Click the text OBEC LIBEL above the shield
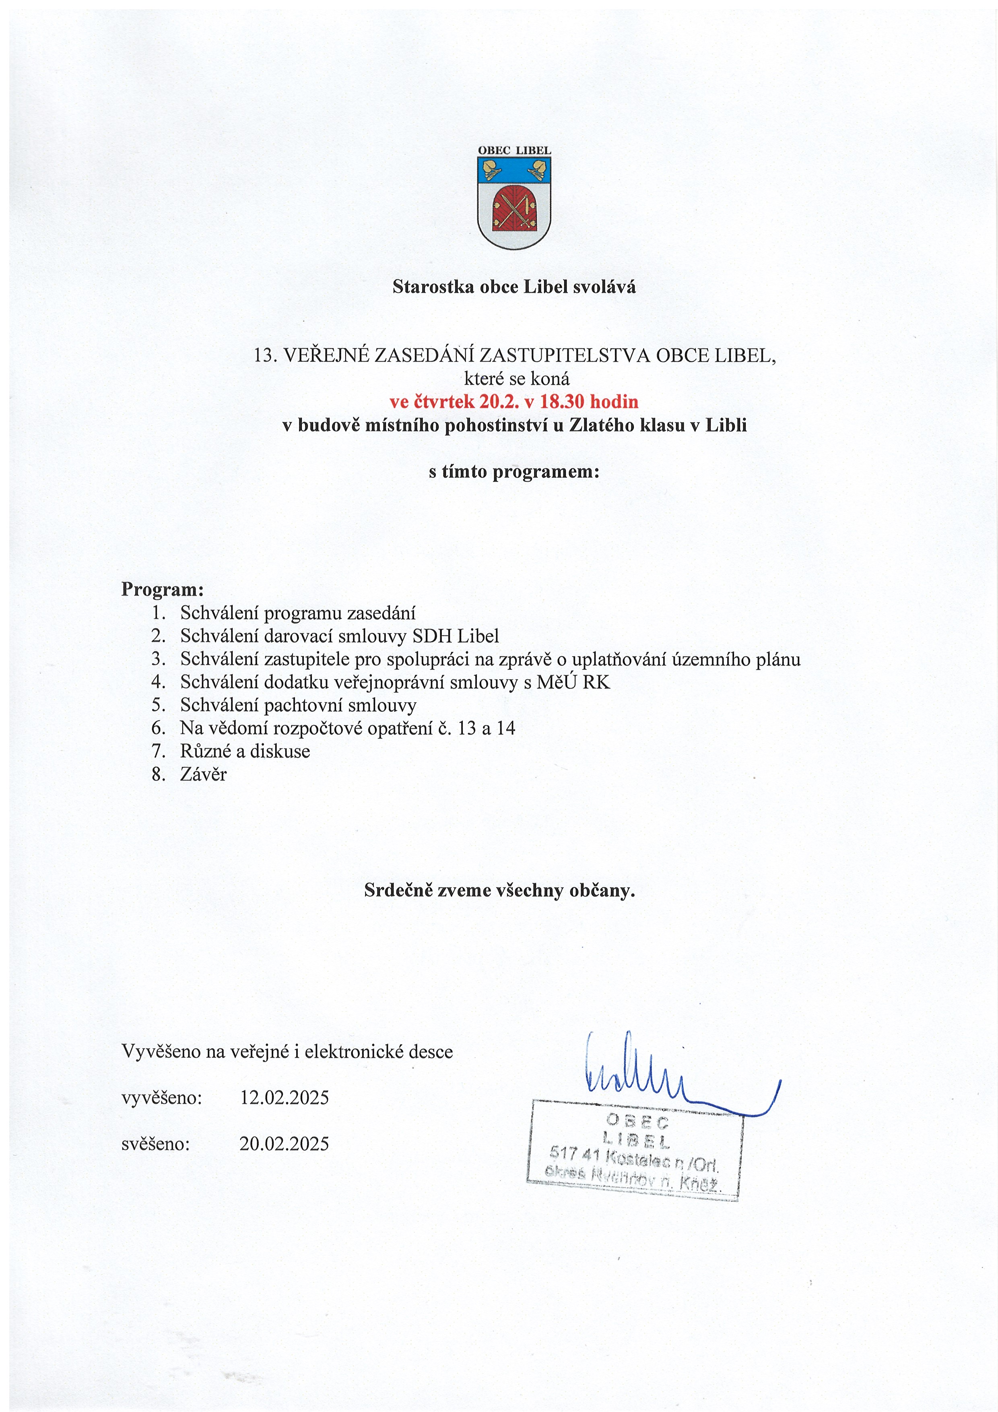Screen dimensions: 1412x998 (514, 151)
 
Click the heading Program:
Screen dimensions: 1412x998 (162, 589)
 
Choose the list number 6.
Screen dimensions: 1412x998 (158, 728)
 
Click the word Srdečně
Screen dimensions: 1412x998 (398, 890)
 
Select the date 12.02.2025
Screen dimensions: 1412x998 (284, 1097)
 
